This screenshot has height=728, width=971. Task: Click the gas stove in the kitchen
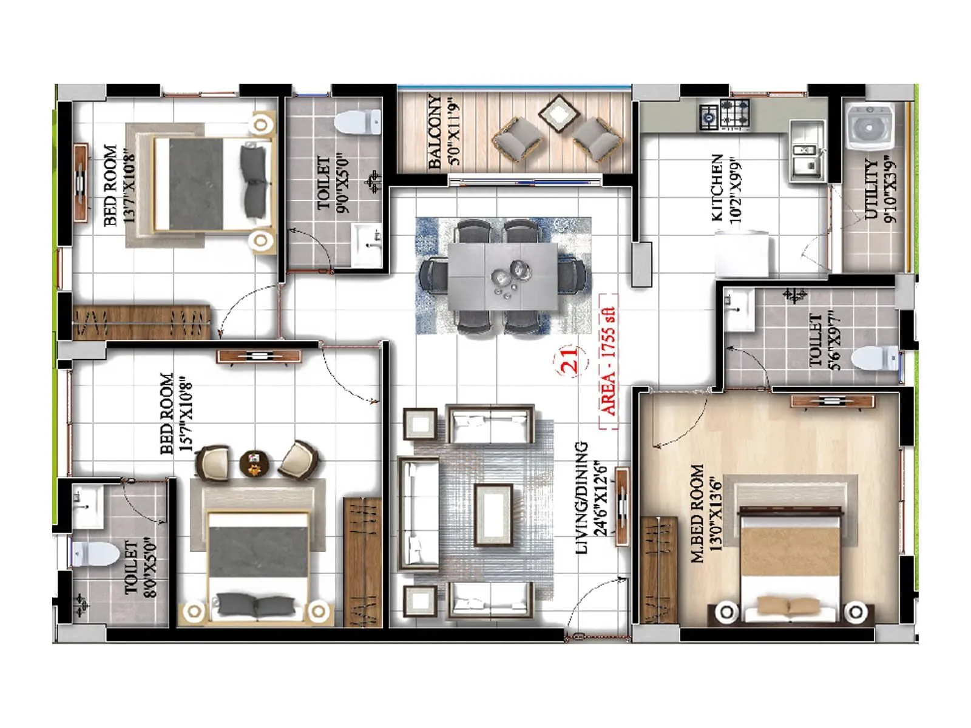pos(726,115)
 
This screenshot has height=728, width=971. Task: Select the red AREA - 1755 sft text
pos(607,362)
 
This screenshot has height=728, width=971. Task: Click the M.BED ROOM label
pos(698,513)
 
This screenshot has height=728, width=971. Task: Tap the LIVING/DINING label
pos(581,497)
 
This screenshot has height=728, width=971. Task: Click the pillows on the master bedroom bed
pos(789,605)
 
